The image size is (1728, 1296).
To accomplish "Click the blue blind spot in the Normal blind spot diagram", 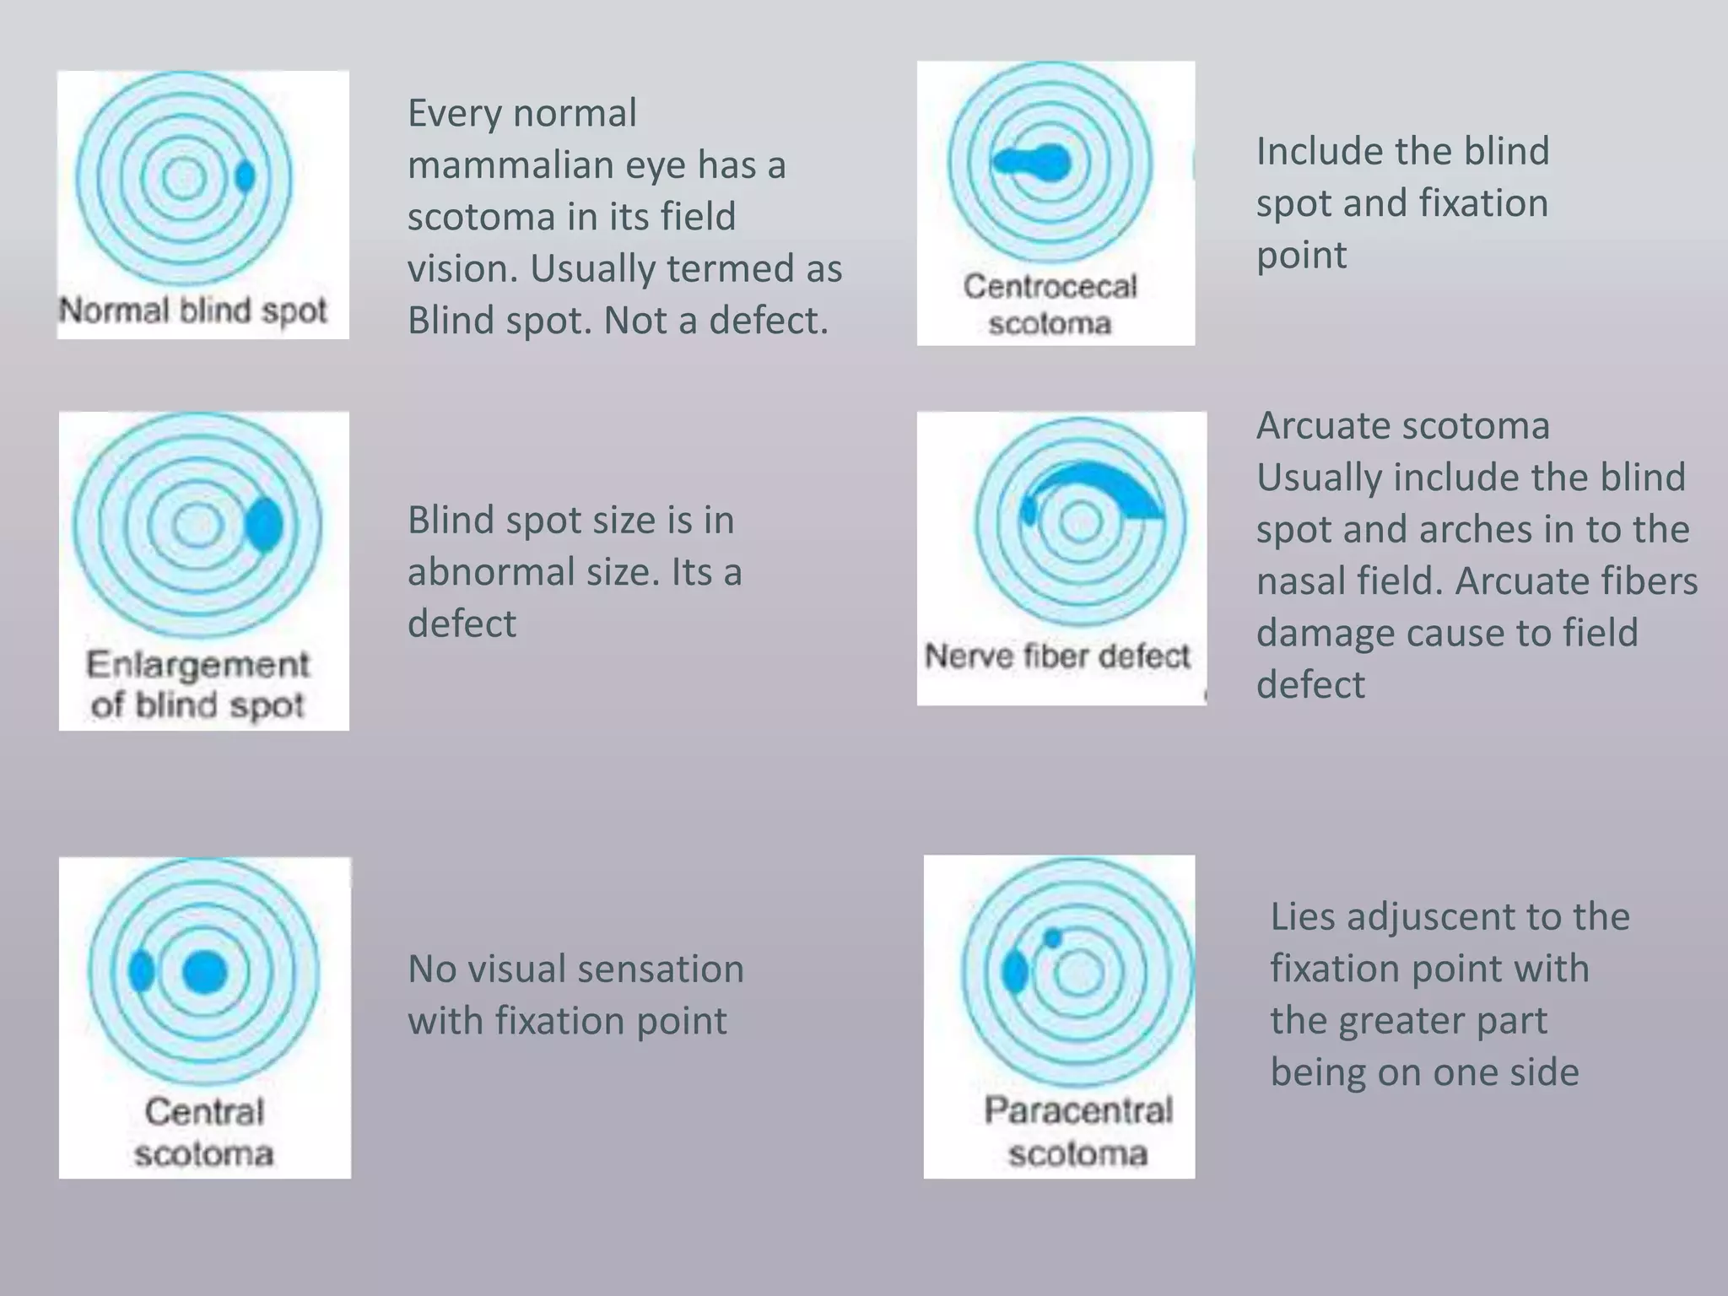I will point(245,176).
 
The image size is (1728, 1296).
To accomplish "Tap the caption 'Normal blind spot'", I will point(192,310).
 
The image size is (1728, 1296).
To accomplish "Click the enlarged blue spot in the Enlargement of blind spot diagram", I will point(264,524).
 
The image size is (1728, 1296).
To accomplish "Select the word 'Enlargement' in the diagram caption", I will point(198,665).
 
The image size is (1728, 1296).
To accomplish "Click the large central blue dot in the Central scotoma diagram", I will point(205,972).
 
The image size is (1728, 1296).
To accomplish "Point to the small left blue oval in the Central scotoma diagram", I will point(141,972).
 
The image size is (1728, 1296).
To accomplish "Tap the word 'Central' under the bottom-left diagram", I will point(204,1111).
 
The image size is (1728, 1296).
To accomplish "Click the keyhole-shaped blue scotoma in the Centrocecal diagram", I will point(1031,161).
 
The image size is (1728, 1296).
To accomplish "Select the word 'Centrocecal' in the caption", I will point(1050,286).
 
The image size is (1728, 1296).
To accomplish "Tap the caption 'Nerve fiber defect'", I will point(1057,656).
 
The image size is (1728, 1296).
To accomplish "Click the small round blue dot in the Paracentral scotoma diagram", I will point(1052,937).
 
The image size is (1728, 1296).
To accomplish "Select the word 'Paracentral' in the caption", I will point(1078,1110).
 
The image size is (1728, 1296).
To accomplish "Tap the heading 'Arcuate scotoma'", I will point(1402,425).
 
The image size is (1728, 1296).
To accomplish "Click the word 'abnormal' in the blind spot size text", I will point(533,572).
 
